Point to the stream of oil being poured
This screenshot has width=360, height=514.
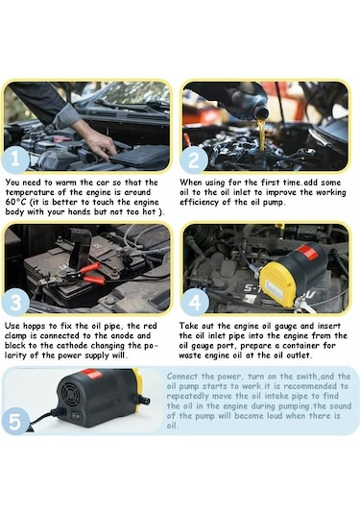260,135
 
